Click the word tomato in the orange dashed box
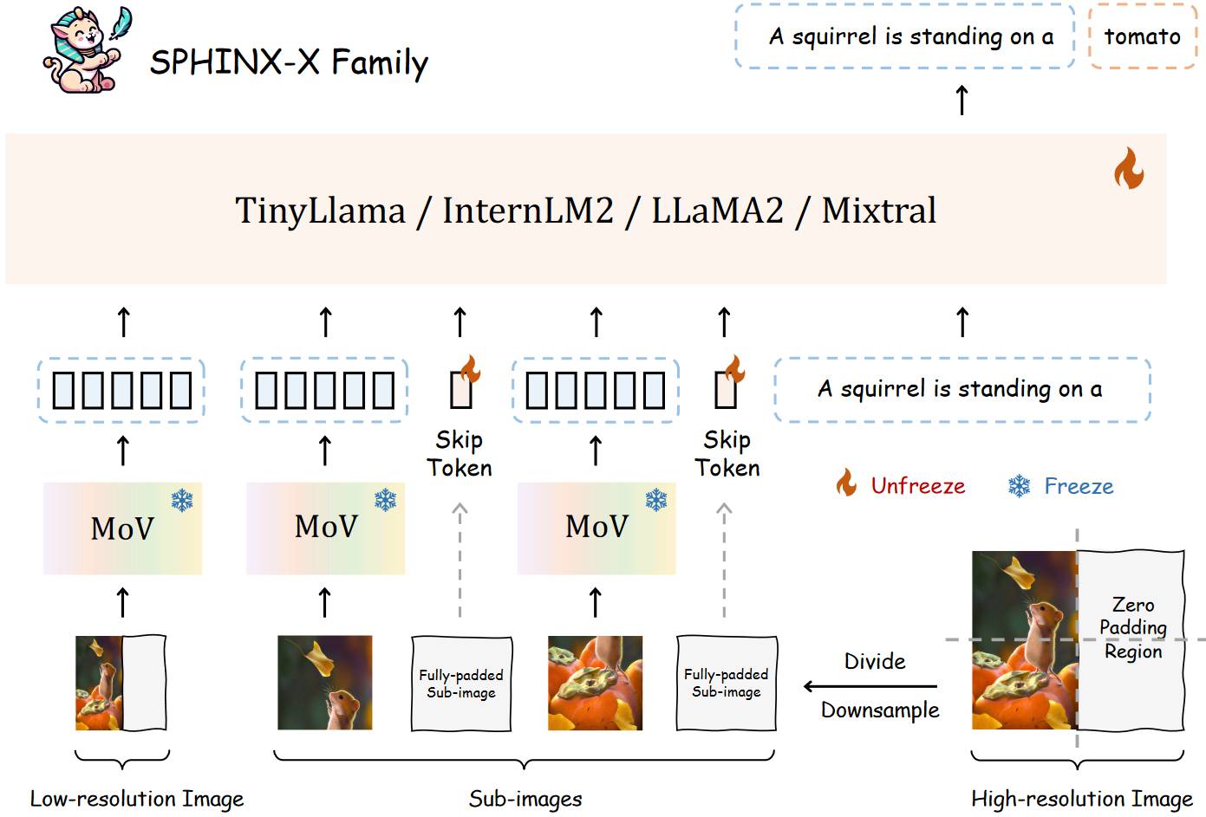pyautogui.click(x=1143, y=36)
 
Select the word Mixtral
pyautogui.click(x=878, y=211)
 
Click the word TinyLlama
pyautogui.click(x=320, y=211)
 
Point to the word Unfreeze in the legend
pyautogui.click(x=918, y=486)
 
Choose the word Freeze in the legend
pyautogui.click(x=1079, y=486)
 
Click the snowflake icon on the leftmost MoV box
pyautogui.click(x=183, y=500)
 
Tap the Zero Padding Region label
pyautogui.click(x=1133, y=627)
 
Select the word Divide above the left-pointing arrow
pyautogui.click(x=875, y=661)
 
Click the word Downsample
pyautogui.click(x=880, y=710)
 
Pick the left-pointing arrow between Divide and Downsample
pyautogui.click(x=870, y=686)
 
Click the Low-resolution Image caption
pyautogui.click(x=137, y=799)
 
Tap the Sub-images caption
pyautogui.click(x=525, y=799)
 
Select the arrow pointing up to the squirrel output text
pyautogui.click(x=962, y=100)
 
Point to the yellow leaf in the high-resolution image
pyautogui.click(x=1016, y=574)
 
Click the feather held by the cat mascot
pyautogui.click(x=121, y=23)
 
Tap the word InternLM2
pyautogui.click(x=528, y=211)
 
